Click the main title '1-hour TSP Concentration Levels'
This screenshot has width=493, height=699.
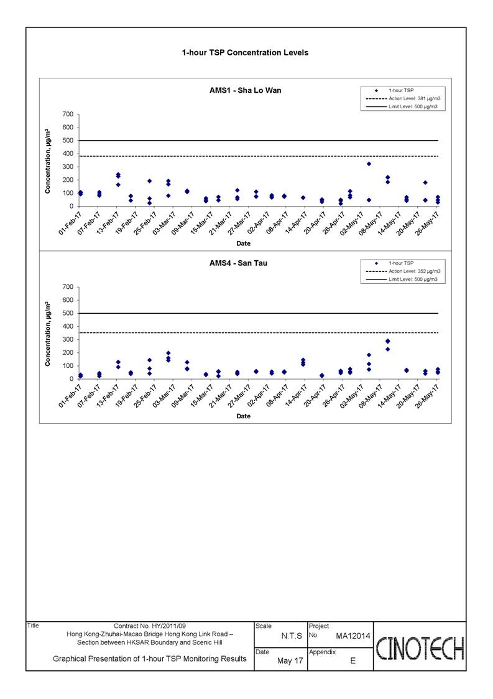click(245, 53)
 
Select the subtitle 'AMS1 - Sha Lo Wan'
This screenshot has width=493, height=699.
click(246, 90)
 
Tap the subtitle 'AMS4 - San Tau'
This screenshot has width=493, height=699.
click(238, 263)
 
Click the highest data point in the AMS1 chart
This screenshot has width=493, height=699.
click(369, 164)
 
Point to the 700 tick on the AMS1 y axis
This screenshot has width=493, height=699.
click(68, 115)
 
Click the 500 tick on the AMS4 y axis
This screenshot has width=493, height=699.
click(68, 313)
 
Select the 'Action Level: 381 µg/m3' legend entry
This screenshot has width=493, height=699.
click(403, 98)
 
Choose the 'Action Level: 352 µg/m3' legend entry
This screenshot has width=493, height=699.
click(403, 271)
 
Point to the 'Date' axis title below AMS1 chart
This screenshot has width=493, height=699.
click(243, 243)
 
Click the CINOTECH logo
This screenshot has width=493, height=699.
click(420, 648)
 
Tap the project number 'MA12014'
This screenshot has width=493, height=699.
click(352, 636)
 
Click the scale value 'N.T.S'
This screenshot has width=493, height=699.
click(292, 636)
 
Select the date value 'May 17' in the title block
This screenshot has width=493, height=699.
click(290, 660)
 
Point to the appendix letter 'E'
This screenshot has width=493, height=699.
click(352, 660)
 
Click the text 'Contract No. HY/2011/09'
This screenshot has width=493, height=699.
click(150, 626)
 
